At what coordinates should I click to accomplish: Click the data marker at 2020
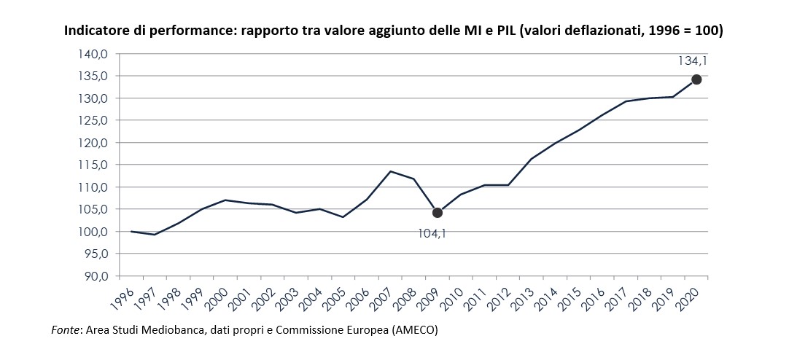tap(696, 79)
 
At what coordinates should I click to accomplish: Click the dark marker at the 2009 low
tap(437, 213)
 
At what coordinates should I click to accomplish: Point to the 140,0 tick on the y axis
tap(93, 54)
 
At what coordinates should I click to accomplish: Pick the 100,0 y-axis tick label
tap(93, 232)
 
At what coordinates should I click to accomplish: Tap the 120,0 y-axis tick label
tap(93, 143)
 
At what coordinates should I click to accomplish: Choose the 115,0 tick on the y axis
tap(93, 165)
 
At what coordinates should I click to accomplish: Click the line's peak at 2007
tap(390, 171)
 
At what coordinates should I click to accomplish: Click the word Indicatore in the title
tap(94, 31)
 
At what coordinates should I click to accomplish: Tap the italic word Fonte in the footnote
tap(66, 330)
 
